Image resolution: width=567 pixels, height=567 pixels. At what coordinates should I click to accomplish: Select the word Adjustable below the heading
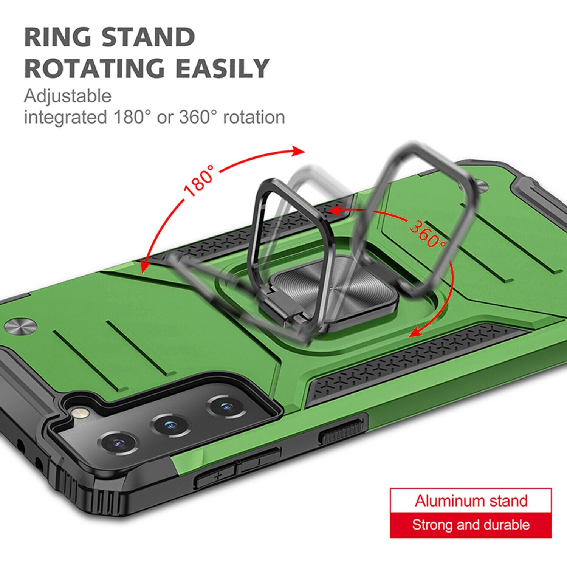tap(68, 96)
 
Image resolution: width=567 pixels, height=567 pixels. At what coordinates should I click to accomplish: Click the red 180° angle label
tap(199, 181)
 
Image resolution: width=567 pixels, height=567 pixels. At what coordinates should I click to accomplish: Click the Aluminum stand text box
tap(471, 500)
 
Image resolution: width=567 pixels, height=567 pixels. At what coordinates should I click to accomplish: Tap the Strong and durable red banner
tap(471, 525)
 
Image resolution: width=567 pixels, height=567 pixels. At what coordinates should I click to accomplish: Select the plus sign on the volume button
tap(217, 476)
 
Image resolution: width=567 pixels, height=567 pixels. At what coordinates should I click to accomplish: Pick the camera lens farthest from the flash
tap(226, 407)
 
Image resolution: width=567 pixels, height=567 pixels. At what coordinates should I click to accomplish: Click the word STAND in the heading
tap(148, 37)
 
